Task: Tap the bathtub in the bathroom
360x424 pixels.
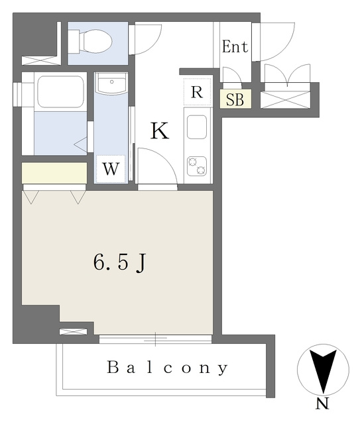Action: click(60, 92)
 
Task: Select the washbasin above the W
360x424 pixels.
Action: click(111, 83)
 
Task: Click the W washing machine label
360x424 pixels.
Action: click(111, 170)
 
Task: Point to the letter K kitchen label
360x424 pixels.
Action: click(160, 131)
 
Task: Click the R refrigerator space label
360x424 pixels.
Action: click(197, 92)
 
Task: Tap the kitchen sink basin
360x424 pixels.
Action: click(197, 127)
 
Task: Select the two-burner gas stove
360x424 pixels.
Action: click(197, 166)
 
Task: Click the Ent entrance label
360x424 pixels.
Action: click(235, 46)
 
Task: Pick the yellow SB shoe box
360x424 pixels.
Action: click(235, 99)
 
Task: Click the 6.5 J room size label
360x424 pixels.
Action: click(119, 262)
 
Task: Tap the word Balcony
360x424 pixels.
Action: click(167, 367)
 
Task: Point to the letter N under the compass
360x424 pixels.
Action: click(322, 404)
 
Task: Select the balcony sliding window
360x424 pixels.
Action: click(155, 339)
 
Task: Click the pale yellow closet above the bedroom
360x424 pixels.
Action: click(54, 172)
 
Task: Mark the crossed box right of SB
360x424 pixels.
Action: click(285, 100)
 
